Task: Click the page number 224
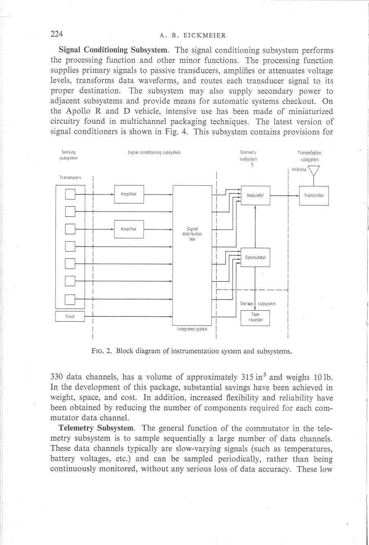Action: (x=56, y=34)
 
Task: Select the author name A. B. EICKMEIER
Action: (x=193, y=35)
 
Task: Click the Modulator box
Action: (x=255, y=195)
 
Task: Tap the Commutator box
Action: (x=255, y=258)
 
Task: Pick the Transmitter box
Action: (x=314, y=196)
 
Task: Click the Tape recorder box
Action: (x=255, y=318)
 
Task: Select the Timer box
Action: (x=70, y=317)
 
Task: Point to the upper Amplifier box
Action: (x=129, y=194)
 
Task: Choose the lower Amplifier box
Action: (x=129, y=229)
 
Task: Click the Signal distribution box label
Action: (x=192, y=234)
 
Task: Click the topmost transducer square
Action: (x=70, y=194)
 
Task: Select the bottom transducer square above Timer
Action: (x=70, y=299)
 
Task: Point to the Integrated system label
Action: (x=192, y=329)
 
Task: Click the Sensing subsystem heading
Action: (x=68, y=155)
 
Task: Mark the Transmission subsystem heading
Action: (x=310, y=156)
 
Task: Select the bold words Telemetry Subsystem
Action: (x=96, y=428)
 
